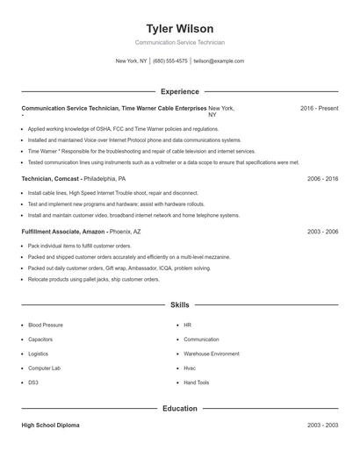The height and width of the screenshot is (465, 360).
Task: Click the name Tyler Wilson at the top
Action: (x=179, y=28)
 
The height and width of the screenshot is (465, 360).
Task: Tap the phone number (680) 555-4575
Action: (x=169, y=61)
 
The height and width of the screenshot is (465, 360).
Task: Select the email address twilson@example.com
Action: (x=219, y=61)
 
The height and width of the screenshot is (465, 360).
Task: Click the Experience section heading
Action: (x=179, y=91)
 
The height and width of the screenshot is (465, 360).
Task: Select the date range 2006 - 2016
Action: (x=322, y=178)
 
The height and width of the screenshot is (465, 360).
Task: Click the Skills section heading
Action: (x=179, y=304)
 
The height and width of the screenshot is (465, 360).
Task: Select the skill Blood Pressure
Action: (x=46, y=325)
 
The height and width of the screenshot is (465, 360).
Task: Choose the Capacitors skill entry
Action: (x=40, y=339)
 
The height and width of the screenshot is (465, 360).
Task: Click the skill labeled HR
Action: (x=187, y=325)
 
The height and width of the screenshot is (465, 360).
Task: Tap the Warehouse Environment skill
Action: (x=211, y=354)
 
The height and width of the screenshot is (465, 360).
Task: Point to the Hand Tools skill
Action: (x=197, y=383)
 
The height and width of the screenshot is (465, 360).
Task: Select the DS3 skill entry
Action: (x=33, y=383)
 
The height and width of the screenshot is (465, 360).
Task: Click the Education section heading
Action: (x=179, y=408)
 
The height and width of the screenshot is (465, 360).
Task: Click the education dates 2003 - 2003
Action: (x=322, y=425)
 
